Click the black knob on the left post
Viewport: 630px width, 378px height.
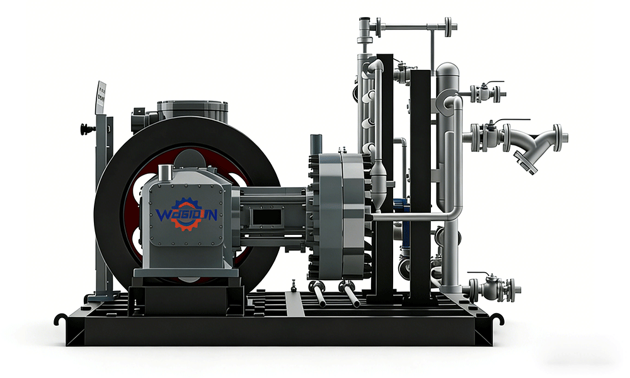(85, 130)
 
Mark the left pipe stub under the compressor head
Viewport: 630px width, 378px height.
(319, 294)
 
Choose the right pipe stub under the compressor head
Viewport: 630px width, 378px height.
(350, 295)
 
